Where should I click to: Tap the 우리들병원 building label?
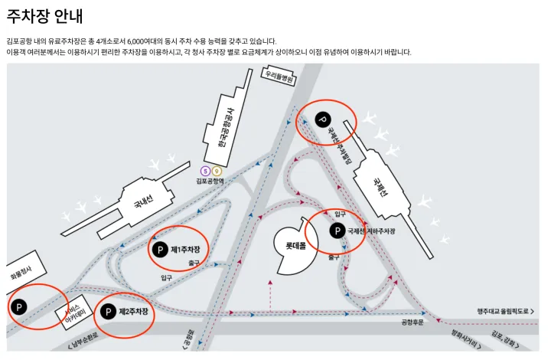279,76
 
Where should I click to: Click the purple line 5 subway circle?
205,171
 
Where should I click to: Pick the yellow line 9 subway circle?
217,171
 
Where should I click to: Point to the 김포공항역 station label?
210,182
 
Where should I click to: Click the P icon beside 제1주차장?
159,250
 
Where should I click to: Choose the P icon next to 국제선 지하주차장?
337,231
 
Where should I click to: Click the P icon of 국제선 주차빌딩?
322,119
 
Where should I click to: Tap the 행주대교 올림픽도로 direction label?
504,312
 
